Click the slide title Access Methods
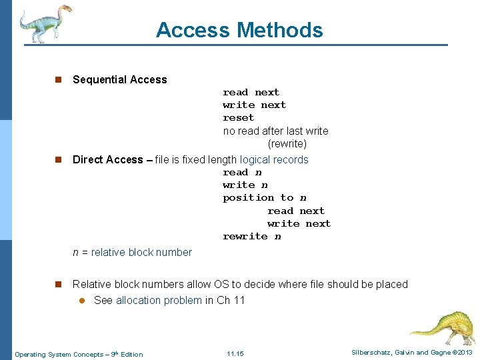pyautogui.click(x=239, y=30)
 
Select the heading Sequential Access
pyautogui.click(x=119, y=79)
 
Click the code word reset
pyautogui.click(x=238, y=117)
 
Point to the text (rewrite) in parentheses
pyautogui.click(x=287, y=144)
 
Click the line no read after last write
pyautogui.click(x=275, y=131)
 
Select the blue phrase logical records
pyautogui.click(x=274, y=159)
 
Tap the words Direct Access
pyautogui.click(x=107, y=159)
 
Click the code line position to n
pyautogui.click(x=265, y=197)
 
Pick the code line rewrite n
pyautogui.click(x=252, y=236)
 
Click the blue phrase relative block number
pyautogui.click(x=141, y=252)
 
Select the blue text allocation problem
pyautogui.click(x=159, y=300)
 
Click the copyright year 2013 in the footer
pyautogui.click(x=463, y=352)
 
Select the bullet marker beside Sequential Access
pyautogui.click(x=58, y=80)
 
